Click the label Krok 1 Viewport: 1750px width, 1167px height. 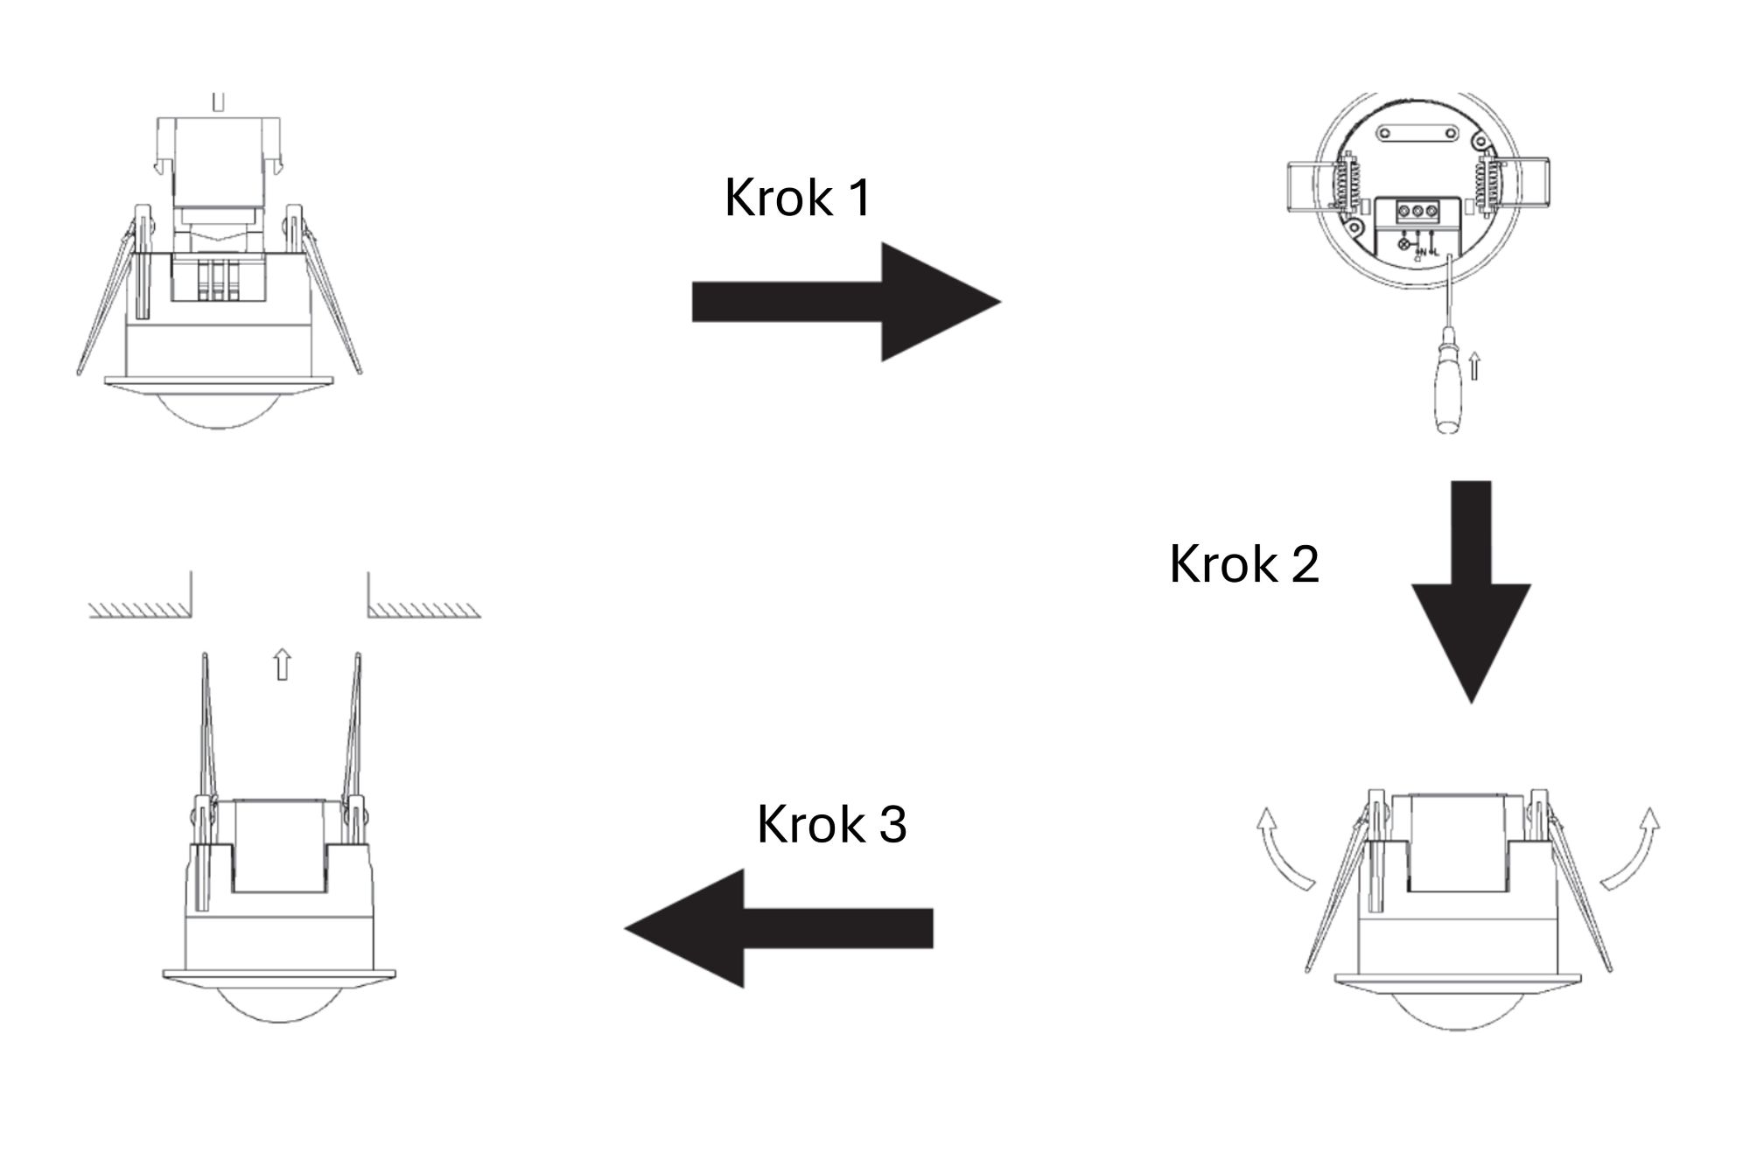tap(798, 198)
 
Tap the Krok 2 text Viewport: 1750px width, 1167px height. tap(1243, 563)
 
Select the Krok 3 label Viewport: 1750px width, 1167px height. tap(831, 824)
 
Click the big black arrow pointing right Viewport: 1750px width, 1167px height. tap(846, 302)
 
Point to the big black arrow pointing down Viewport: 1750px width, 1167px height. tap(1471, 592)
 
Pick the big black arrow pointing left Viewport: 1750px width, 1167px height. tap(779, 928)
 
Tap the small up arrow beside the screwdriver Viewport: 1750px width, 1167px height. tap(1474, 366)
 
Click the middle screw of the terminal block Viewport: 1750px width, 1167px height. tap(1416, 212)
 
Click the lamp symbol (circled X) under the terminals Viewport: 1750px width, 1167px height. tap(1406, 244)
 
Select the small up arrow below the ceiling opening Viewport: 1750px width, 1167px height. tap(281, 664)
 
